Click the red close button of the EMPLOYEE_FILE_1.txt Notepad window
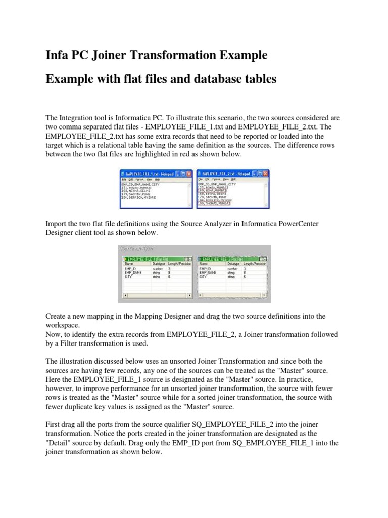pos(188,174)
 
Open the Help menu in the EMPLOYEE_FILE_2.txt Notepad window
pos(234,179)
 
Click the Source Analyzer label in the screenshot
pos(137,248)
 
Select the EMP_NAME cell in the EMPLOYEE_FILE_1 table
pos(133,272)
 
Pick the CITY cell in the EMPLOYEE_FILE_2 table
pos(203,277)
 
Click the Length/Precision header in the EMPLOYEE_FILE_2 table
pos(254,263)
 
